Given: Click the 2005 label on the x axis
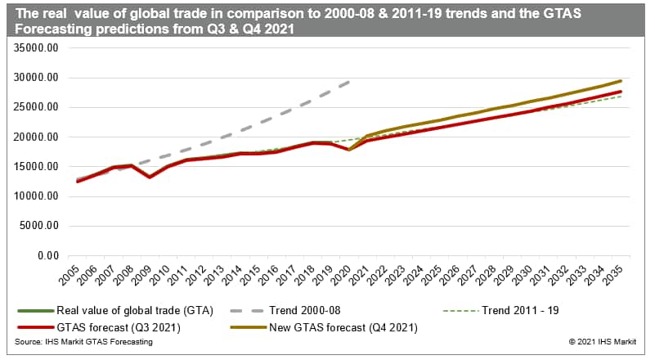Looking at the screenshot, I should [x=74, y=275].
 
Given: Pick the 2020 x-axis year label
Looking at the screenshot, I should [x=348, y=275].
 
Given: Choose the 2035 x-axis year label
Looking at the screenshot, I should [x=621, y=275].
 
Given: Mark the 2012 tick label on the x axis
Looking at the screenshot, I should [x=202, y=275].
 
